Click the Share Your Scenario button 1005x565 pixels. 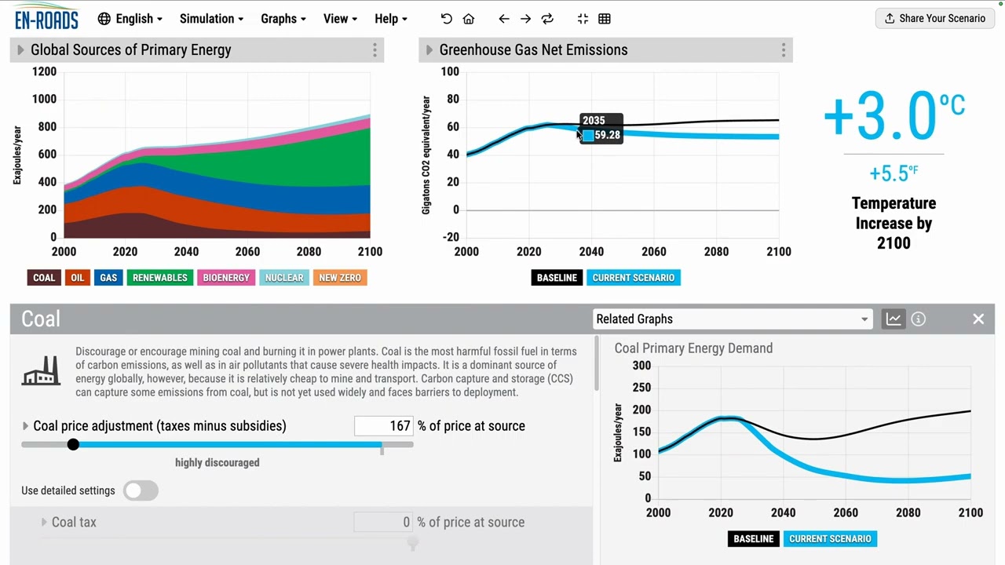(934, 19)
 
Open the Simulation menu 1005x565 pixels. (211, 19)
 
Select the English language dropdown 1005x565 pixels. (130, 19)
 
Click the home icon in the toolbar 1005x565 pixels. (469, 19)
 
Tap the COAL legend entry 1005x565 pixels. (44, 278)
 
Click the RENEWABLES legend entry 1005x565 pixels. (159, 278)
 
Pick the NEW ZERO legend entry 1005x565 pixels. (340, 278)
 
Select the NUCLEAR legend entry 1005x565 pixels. (283, 278)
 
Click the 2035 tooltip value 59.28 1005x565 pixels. (607, 135)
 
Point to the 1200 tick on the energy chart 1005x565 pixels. (44, 71)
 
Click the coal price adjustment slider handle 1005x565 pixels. (73, 445)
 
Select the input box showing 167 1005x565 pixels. (383, 426)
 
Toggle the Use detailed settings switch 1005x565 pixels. (141, 491)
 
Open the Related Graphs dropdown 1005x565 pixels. (732, 319)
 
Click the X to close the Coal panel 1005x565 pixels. (978, 319)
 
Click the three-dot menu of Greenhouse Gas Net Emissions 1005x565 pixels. (783, 50)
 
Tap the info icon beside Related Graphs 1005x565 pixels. (918, 319)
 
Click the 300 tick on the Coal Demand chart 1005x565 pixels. (641, 366)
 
